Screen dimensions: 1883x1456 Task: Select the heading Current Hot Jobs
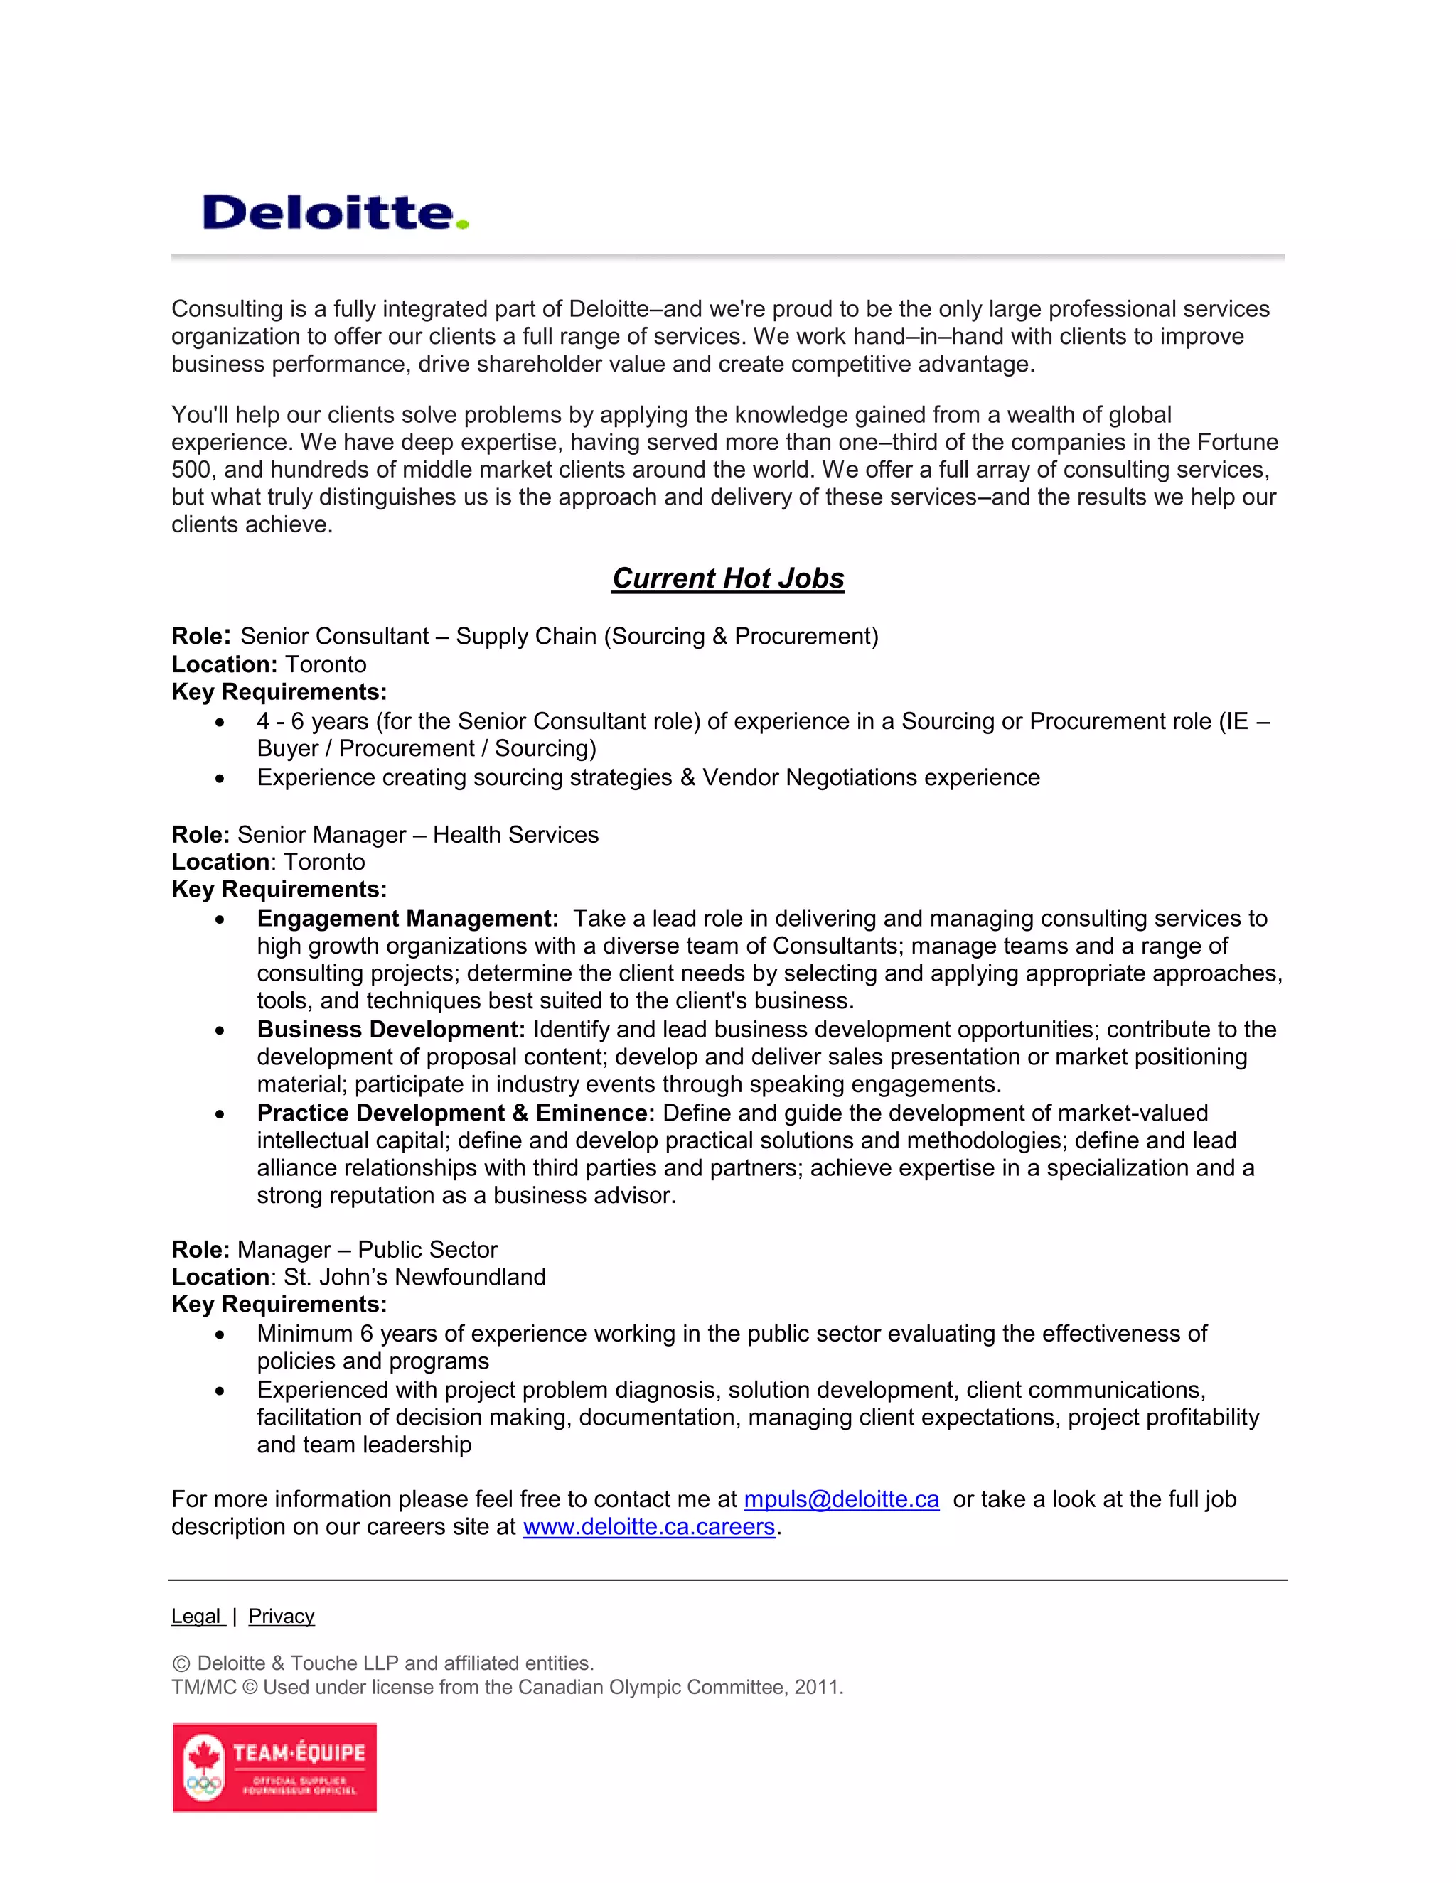pos(727,578)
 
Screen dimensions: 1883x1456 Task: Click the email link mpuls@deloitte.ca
pos(840,1499)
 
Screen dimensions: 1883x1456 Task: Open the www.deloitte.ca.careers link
pos(648,1526)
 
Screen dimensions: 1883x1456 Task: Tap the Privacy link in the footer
pos(282,1616)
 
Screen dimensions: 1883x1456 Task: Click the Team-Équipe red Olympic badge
pos(274,1767)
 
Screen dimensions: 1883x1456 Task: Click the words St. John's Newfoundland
pos(414,1277)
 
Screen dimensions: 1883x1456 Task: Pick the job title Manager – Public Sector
pos(368,1249)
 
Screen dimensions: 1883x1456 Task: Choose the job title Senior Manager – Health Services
pos(417,835)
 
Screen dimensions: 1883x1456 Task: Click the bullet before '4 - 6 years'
pos(221,722)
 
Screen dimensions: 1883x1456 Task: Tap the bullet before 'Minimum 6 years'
pos(221,1334)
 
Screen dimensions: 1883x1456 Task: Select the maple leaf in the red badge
pos(205,1755)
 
